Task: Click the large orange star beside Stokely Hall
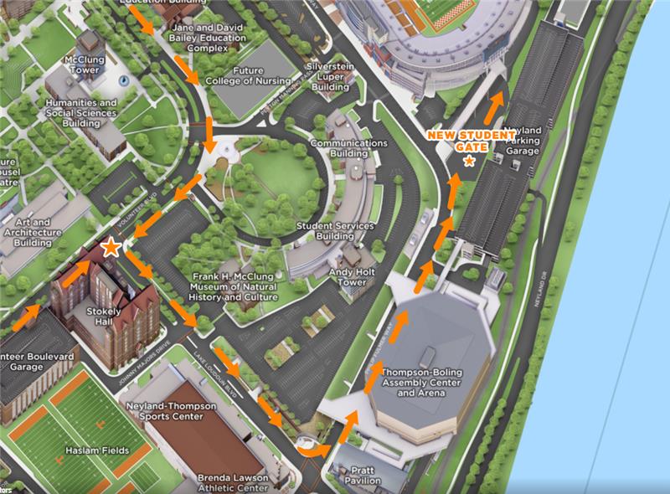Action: click(x=110, y=247)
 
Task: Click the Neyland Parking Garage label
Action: click(x=525, y=142)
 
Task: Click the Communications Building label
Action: click(x=349, y=148)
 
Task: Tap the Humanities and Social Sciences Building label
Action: click(x=81, y=113)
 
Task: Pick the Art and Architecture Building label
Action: click(x=33, y=232)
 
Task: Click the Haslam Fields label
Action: click(x=100, y=450)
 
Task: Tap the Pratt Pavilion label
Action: click(x=363, y=475)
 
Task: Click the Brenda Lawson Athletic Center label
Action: click(x=234, y=483)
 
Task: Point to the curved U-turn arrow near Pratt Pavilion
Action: click(x=311, y=450)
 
